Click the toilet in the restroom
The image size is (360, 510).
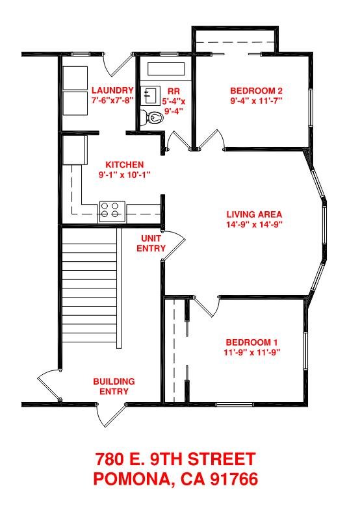tap(153, 118)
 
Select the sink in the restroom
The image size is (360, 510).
tap(150, 96)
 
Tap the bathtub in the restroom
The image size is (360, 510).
tap(166, 69)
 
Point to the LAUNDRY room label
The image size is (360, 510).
tap(112, 90)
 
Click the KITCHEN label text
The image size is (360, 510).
tap(125, 164)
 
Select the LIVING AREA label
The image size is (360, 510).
tap(254, 214)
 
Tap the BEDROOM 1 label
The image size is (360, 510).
tap(252, 342)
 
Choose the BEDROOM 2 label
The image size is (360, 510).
tap(256, 90)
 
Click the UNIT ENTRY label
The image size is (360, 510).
tap(151, 243)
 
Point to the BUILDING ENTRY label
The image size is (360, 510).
tap(114, 386)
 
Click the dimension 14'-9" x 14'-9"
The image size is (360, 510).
tap(254, 224)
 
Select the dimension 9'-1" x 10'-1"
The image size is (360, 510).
tap(125, 175)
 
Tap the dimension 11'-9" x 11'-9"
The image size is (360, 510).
tap(252, 352)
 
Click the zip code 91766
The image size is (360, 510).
tap(234, 479)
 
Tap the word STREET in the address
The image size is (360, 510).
tap(222, 459)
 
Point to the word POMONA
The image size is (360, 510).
tap(132, 479)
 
